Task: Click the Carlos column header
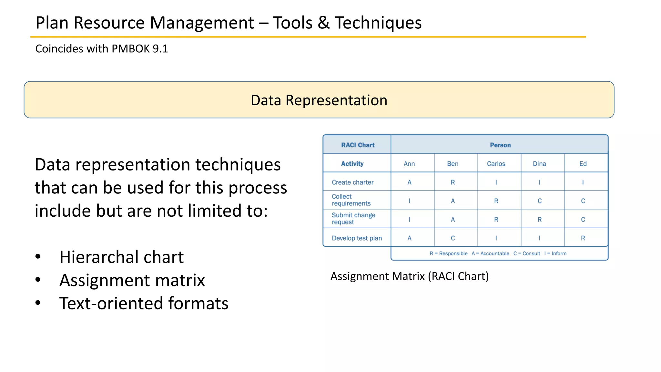point(496,164)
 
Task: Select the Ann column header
point(409,164)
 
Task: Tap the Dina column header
point(539,164)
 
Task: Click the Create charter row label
point(352,182)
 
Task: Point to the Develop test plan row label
point(357,238)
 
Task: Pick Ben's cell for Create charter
point(453,182)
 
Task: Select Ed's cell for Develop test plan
point(583,238)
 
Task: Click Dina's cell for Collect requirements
point(539,201)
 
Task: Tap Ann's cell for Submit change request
point(409,220)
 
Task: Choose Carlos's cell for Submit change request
point(496,220)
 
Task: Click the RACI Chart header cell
point(358,145)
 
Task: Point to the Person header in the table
point(500,145)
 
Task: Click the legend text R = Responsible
point(448,253)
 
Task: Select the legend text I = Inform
point(555,253)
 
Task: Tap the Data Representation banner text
point(319,100)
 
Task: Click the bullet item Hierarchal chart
point(121,257)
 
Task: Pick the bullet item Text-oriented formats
point(144,304)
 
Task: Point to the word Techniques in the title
point(378,23)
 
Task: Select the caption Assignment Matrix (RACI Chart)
point(410,276)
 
